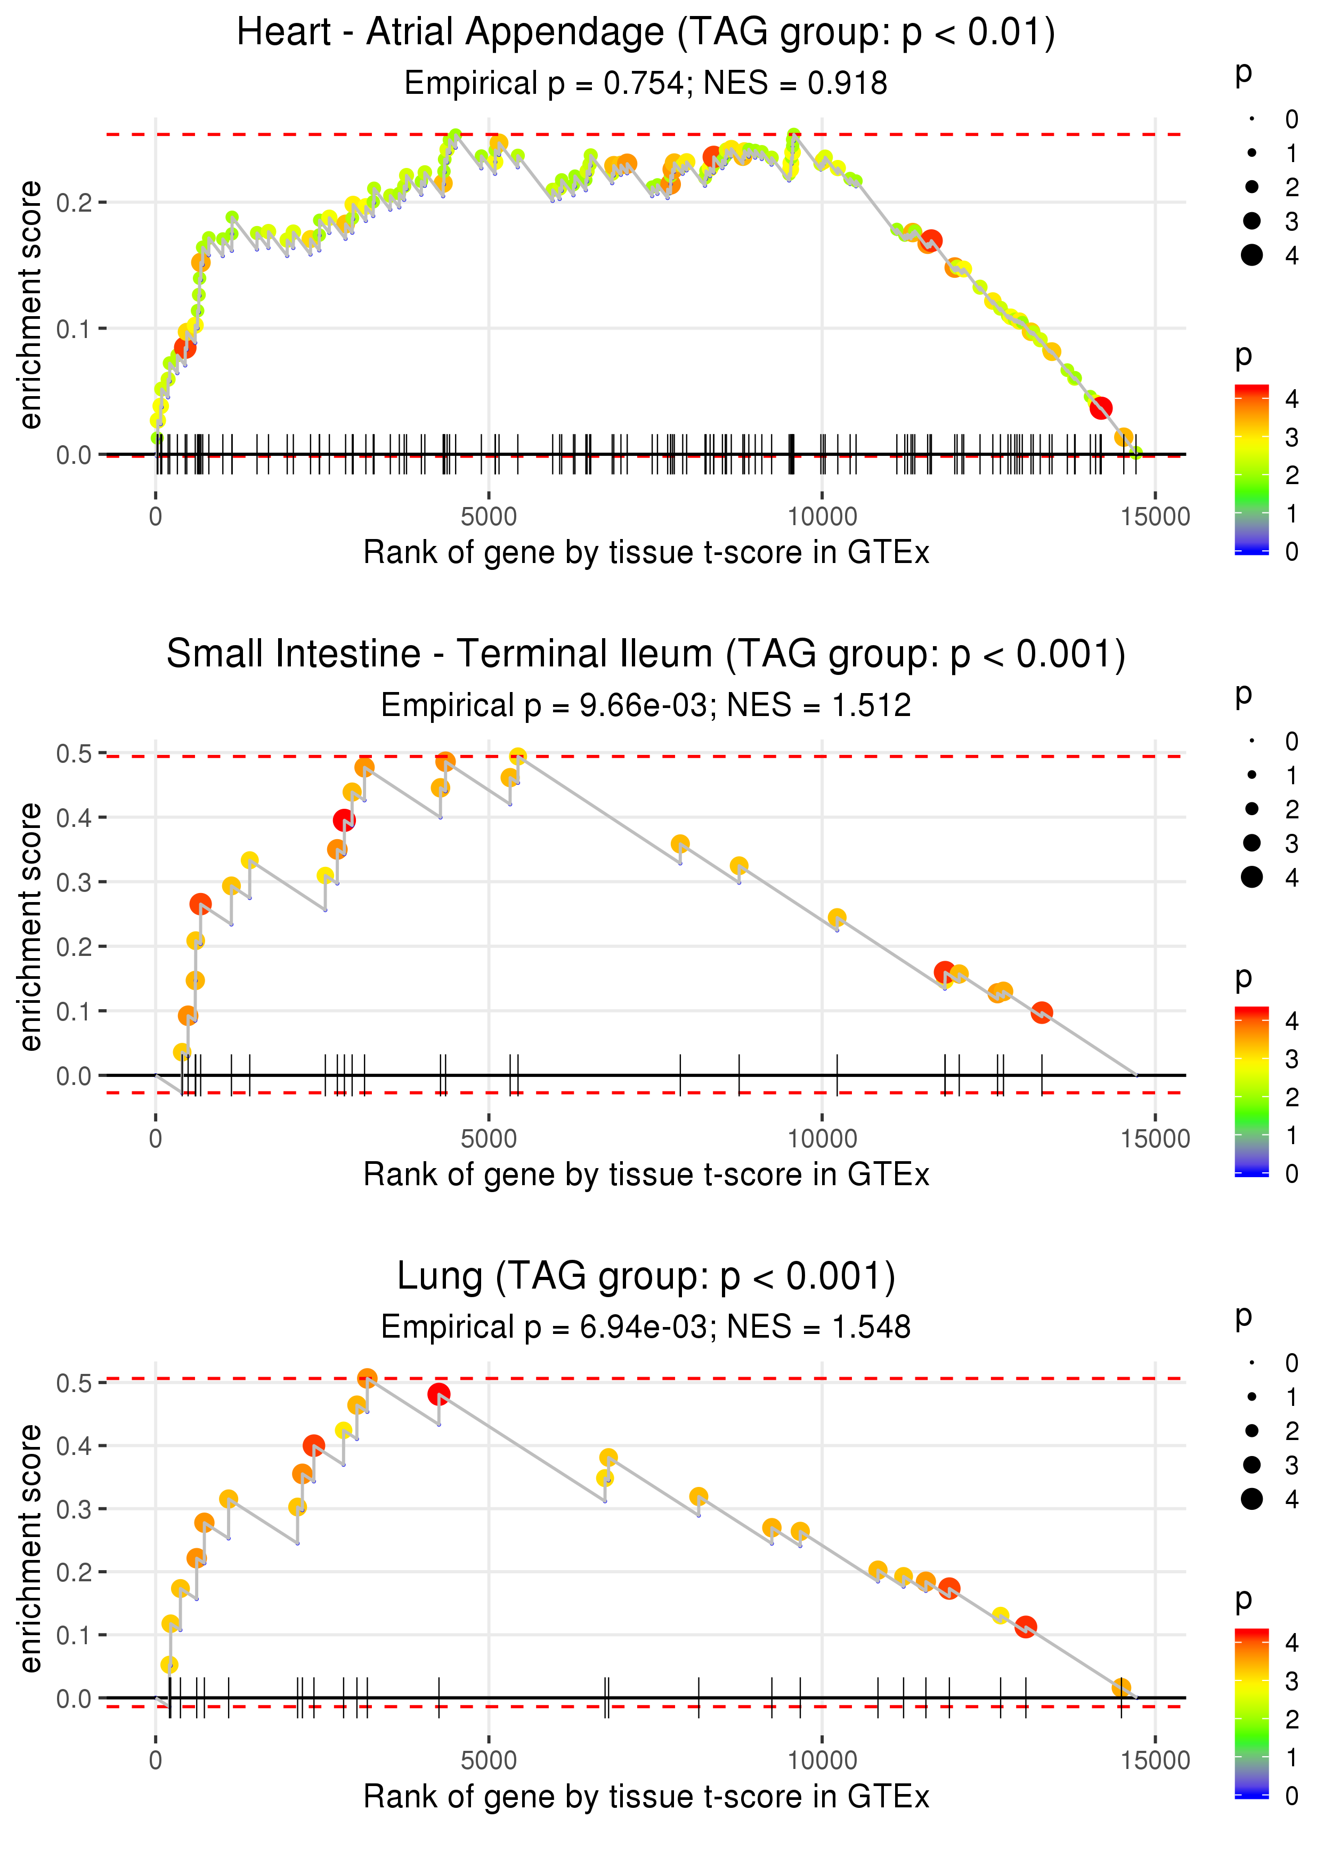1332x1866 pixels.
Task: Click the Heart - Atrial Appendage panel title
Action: [646, 33]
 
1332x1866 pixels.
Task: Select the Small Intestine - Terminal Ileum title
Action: [646, 655]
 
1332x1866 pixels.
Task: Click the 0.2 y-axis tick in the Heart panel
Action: [74, 202]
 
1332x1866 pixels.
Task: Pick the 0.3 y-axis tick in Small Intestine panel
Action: [74, 882]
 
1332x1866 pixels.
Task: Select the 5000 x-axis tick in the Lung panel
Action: [489, 1760]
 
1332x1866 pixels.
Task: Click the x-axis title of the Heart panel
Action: [646, 553]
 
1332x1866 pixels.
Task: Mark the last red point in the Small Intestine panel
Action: [1042, 1012]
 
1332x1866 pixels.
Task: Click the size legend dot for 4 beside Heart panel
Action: [1252, 255]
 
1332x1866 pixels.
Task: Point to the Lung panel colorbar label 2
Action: [1292, 1718]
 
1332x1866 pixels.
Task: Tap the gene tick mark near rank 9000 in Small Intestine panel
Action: [739, 1074]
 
